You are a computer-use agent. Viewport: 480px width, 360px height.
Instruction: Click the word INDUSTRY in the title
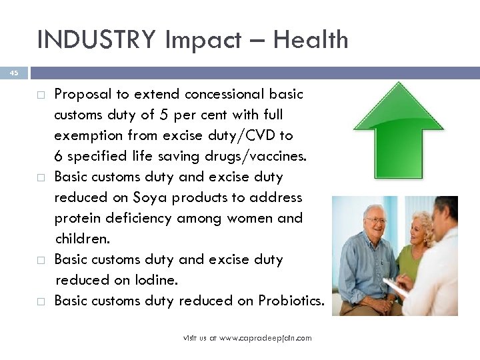pyautogui.click(x=93, y=40)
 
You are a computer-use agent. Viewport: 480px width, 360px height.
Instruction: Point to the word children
pyautogui.click(x=82, y=239)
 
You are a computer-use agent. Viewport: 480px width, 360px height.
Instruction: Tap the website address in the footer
pyautogui.click(x=247, y=339)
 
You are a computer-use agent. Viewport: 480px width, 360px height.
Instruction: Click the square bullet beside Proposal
pyautogui.click(x=41, y=95)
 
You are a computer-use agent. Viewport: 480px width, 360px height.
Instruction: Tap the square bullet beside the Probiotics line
pyautogui.click(x=41, y=301)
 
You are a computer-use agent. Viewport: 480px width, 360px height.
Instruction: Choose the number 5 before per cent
pyautogui.click(x=162, y=115)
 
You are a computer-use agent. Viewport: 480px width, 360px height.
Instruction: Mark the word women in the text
pyautogui.click(x=253, y=219)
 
